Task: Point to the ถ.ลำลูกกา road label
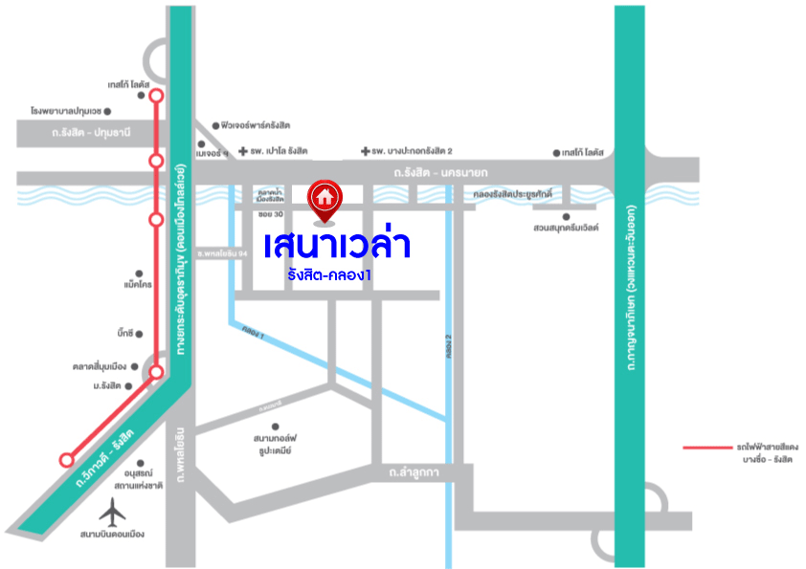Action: tap(414, 472)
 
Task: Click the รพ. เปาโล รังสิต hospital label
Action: tap(279, 151)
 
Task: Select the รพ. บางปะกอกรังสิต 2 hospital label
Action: tap(412, 151)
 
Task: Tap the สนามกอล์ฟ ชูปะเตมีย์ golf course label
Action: tap(272, 442)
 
